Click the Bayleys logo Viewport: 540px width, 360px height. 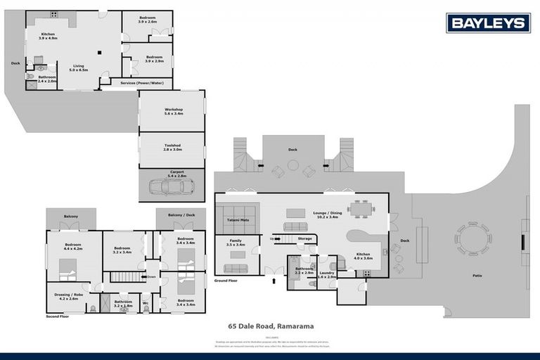coord(488,23)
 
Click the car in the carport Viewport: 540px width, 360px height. coord(172,187)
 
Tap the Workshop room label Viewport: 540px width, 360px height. coord(174,111)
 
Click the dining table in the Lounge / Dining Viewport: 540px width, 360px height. coord(360,207)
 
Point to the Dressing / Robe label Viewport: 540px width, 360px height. coord(67,297)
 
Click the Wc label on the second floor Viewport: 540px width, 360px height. coord(145,304)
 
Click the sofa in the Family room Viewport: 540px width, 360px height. coord(236,268)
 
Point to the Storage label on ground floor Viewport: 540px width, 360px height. coord(304,239)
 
